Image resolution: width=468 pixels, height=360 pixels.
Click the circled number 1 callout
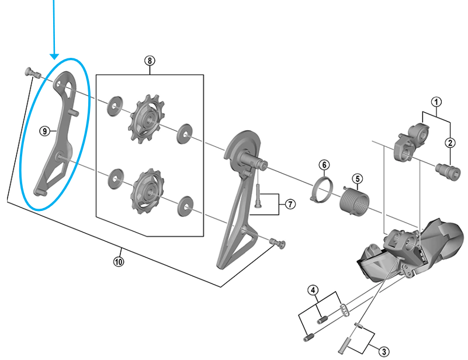pos(436,102)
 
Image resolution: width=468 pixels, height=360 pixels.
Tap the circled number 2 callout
pos(450,143)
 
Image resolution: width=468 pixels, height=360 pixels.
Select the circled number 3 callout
pos(384,352)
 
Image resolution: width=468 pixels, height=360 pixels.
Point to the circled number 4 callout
pos(313,290)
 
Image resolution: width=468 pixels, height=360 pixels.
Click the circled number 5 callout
pos(358,179)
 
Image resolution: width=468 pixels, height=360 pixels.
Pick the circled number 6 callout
pos(324,165)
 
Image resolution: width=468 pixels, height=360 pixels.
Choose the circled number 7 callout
pos(290,204)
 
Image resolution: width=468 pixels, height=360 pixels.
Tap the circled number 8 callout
pos(150,61)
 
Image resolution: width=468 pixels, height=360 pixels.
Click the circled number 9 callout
pos(45,131)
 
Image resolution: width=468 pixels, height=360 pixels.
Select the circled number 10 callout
pos(119,262)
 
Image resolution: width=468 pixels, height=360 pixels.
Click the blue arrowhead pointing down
pos(54,57)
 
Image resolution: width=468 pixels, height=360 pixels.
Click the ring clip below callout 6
pos(321,190)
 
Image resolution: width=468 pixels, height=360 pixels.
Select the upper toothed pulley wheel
pos(146,119)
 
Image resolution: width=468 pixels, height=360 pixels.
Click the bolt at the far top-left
pos(33,72)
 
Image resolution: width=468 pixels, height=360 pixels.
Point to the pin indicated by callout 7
pos(258,196)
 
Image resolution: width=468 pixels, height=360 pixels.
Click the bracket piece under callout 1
pos(411,142)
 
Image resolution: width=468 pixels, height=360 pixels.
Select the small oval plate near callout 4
pos(345,310)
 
